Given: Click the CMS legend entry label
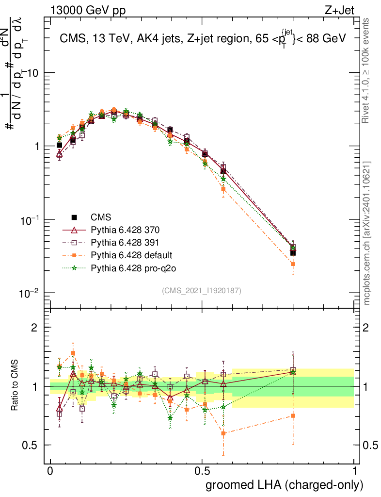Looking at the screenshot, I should pyautogui.click(x=101, y=217).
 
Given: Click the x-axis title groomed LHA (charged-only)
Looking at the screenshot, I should pyautogui.click(x=285, y=484).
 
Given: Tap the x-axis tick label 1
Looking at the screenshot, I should pyautogui.click(x=354, y=471).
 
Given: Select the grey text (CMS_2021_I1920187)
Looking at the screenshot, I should pyautogui.click(x=202, y=290).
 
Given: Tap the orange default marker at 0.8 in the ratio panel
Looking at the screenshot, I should pyautogui.click(x=293, y=415).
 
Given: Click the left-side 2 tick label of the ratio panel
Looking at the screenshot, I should pyautogui.click(x=34, y=327).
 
